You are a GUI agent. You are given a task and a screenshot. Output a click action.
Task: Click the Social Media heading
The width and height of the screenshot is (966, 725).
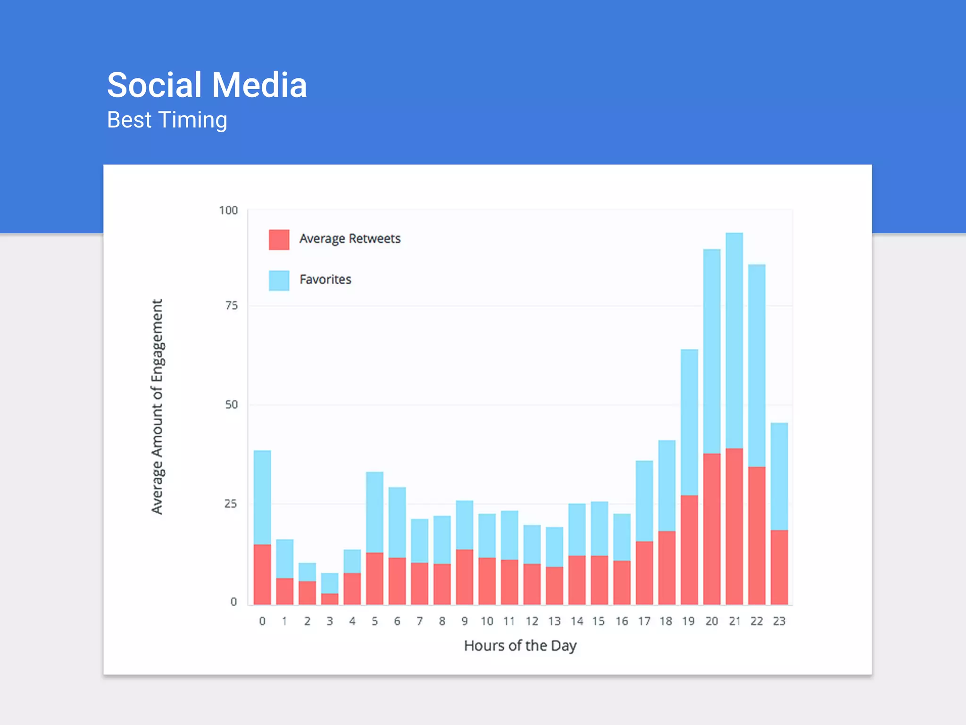(x=207, y=85)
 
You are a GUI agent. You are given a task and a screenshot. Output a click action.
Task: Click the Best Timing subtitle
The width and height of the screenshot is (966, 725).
(x=167, y=120)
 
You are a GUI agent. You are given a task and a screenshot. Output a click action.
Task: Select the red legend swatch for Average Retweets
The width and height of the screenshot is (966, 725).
(x=279, y=239)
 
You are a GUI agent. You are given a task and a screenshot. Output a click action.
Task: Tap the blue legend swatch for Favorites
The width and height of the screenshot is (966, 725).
(x=279, y=280)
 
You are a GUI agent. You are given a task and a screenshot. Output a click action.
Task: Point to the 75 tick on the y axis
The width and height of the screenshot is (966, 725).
(x=231, y=306)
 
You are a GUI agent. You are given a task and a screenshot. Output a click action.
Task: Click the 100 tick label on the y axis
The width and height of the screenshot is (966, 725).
(x=228, y=211)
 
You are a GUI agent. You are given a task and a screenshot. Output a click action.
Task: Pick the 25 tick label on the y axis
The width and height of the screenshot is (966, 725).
(x=230, y=504)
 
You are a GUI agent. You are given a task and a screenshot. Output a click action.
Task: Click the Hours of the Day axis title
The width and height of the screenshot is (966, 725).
(x=520, y=645)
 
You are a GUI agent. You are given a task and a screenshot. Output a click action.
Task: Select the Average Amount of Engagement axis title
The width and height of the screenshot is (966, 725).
(x=157, y=406)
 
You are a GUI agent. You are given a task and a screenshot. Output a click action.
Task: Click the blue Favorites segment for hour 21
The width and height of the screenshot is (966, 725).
(x=734, y=340)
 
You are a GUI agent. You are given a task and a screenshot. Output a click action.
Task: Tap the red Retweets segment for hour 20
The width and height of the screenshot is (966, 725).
(x=711, y=529)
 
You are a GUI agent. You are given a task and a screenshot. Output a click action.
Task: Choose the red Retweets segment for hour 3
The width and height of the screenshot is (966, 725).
(x=330, y=599)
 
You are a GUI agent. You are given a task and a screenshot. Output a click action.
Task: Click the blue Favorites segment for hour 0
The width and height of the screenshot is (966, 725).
(x=262, y=497)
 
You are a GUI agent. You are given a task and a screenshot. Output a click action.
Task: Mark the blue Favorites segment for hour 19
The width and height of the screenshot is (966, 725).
(x=689, y=422)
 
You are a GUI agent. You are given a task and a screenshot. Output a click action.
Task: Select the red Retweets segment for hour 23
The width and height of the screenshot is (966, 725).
(x=779, y=567)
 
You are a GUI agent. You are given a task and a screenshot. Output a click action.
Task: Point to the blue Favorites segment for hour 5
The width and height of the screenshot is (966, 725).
(x=375, y=512)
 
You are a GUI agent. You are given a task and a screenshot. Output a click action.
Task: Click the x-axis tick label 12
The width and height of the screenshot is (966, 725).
(x=532, y=621)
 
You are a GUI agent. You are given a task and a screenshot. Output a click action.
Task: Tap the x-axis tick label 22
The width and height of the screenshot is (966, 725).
(x=757, y=621)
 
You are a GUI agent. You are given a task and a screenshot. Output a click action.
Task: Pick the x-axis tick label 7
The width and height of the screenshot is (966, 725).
(x=419, y=621)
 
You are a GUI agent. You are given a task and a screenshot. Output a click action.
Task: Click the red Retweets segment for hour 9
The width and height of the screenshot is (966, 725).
(x=464, y=577)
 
